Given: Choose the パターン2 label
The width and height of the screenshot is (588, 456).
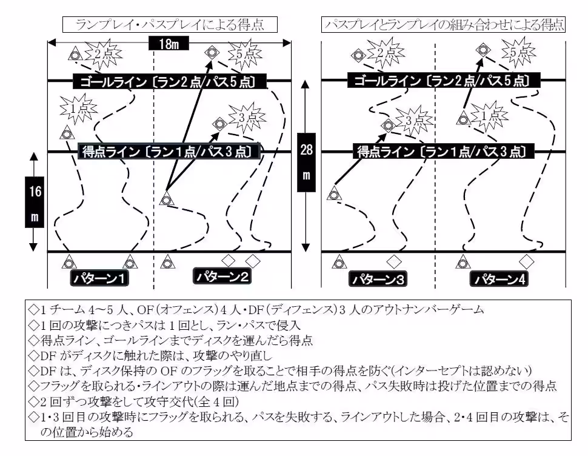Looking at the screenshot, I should pyautogui.click(x=221, y=276).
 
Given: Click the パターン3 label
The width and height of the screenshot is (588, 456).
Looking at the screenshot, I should pyautogui.click(x=378, y=279).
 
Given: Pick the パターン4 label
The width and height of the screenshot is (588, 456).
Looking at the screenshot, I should pyautogui.click(x=499, y=279).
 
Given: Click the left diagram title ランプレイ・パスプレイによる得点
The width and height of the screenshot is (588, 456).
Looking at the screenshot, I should pyautogui.click(x=170, y=24).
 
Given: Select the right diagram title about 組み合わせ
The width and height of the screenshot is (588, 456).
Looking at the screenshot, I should pyautogui.click(x=444, y=24).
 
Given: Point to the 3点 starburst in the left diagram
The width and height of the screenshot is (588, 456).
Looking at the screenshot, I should pyautogui.click(x=246, y=118).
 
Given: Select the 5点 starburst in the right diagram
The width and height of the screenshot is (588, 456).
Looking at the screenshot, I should pyautogui.click(x=519, y=53).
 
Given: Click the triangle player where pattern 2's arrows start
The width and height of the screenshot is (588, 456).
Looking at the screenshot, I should pyautogui.click(x=165, y=198).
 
